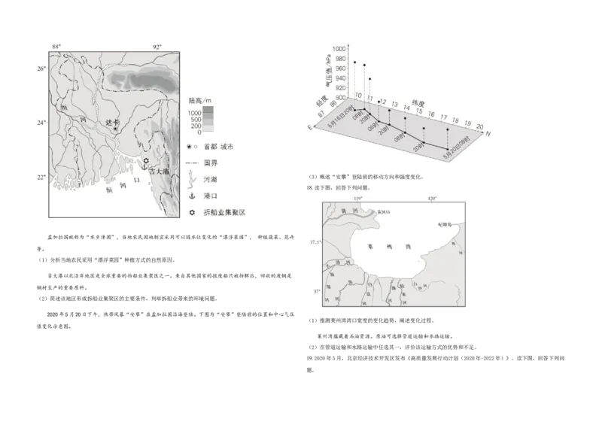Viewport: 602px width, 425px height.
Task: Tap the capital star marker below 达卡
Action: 115,129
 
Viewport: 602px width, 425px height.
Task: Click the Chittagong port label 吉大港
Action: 159,172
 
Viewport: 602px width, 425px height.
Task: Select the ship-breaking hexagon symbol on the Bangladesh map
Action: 146,160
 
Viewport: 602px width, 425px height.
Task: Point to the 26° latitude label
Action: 42,68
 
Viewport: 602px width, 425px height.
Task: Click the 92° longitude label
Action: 157,47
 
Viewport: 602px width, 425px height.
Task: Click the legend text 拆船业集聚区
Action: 223,213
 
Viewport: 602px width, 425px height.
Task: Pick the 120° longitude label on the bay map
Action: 432,199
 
